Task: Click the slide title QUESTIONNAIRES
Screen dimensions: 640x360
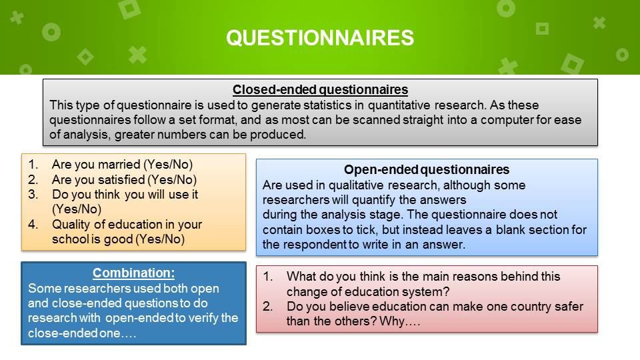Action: click(320, 38)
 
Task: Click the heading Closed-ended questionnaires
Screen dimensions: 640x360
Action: click(321, 90)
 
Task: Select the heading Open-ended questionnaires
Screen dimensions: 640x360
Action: click(427, 169)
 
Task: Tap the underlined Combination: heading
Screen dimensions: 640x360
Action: click(133, 273)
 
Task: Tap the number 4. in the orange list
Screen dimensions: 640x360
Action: click(33, 225)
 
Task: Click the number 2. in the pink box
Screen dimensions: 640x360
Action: click(268, 307)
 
